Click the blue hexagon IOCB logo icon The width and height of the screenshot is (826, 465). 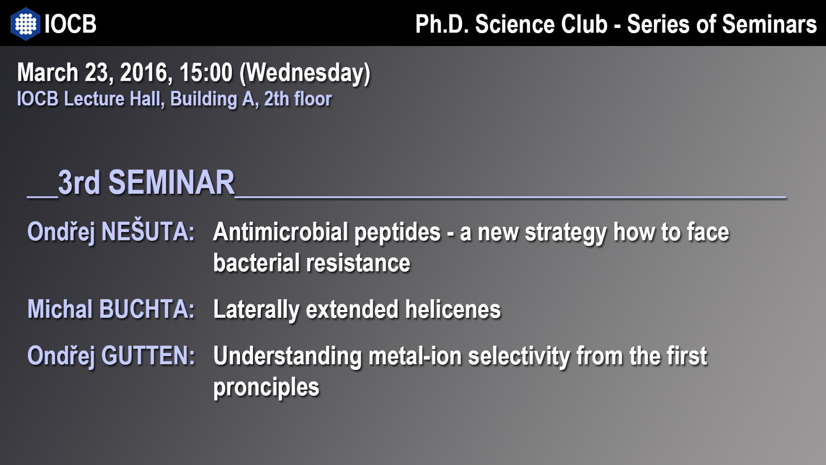pyautogui.click(x=25, y=24)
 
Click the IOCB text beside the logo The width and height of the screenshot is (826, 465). pyautogui.click(x=70, y=24)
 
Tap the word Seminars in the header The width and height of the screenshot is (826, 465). pyautogui.click(x=769, y=24)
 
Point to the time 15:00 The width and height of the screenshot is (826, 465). pyautogui.click(x=206, y=72)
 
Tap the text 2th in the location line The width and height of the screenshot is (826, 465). pyautogui.click(x=276, y=99)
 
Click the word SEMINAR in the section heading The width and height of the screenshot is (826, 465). pyautogui.click(x=171, y=182)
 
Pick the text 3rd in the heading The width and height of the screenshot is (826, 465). pyautogui.click(x=79, y=182)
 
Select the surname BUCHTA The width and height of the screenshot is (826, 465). pyautogui.click(x=147, y=309)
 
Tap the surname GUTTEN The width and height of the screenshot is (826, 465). pyautogui.click(x=148, y=355)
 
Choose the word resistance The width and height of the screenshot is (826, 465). pyautogui.click(x=358, y=263)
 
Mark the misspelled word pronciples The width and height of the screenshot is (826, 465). pyautogui.click(x=266, y=388)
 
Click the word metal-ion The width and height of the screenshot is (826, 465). pyautogui.click(x=415, y=356)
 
